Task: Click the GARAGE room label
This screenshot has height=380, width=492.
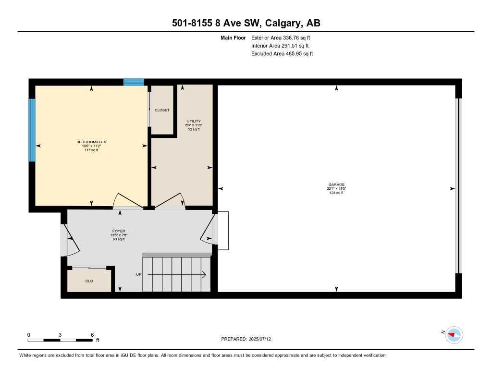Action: [x=336, y=184]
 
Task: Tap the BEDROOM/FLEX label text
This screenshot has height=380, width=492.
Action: [x=91, y=142]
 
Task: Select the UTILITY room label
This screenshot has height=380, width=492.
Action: [x=194, y=121]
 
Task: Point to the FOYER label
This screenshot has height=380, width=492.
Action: [x=119, y=231]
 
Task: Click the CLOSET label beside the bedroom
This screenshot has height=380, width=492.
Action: [x=162, y=110]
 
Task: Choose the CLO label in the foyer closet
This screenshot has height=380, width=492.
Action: [x=89, y=281]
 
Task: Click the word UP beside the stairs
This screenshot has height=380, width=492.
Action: [x=139, y=275]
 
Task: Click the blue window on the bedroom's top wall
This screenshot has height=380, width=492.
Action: [x=134, y=82]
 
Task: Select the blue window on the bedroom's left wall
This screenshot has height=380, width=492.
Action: [x=32, y=130]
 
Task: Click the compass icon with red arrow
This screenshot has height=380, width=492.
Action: [x=454, y=334]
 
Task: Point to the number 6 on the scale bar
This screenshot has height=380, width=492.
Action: [x=92, y=334]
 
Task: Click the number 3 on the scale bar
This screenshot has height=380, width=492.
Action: [x=60, y=334]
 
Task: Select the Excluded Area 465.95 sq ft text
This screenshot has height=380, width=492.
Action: [x=282, y=54]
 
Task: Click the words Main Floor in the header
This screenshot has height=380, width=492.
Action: [x=233, y=37]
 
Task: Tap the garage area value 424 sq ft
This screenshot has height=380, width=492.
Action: [x=336, y=193]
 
